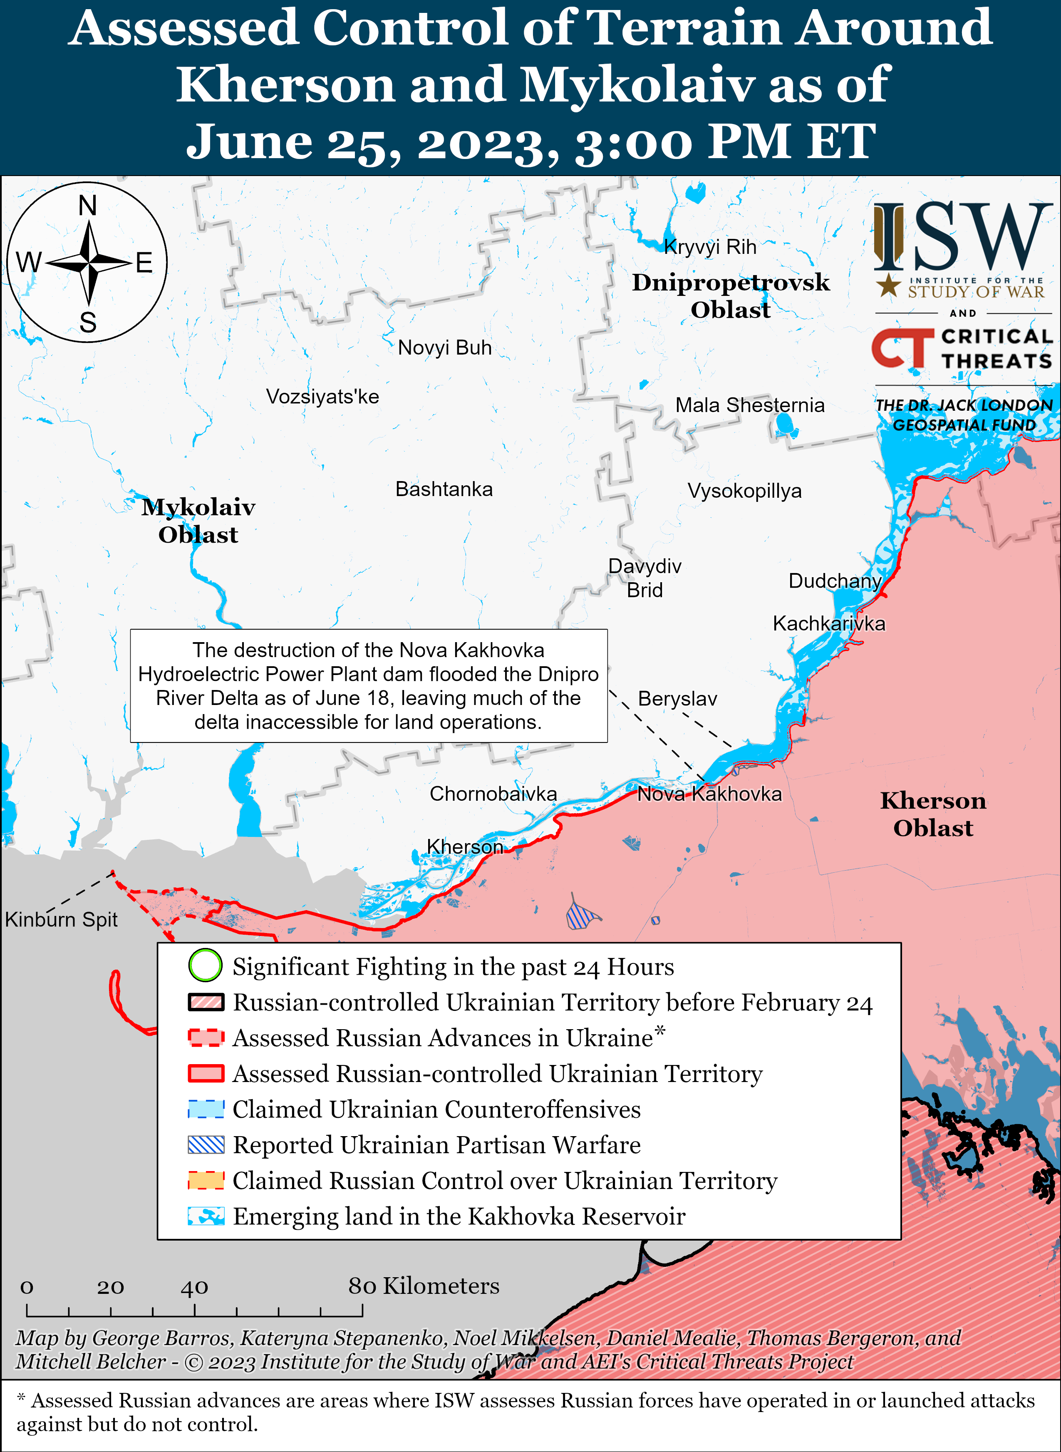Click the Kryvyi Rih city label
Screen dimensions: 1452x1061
pyautogui.click(x=710, y=247)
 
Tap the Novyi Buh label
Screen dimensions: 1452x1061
pyautogui.click(x=444, y=347)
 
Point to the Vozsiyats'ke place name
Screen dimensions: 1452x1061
pyautogui.click(x=322, y=396)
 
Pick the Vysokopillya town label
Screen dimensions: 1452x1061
pyautogui.click(x=744, y=491)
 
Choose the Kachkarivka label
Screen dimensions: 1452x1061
pyautogui.click(x=828, y=623)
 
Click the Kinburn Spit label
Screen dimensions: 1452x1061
pyautogui.click(x=61, y=920)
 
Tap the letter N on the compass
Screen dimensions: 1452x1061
pyautogui.click(x=87, y=206)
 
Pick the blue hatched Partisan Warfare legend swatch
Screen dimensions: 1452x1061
pyautogui.click(x=206, y=1144)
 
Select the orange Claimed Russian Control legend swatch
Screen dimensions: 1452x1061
pyautogui.click(x=206, y=1180)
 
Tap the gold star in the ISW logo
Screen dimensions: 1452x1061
pyautogui.click(x=888, y=285)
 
